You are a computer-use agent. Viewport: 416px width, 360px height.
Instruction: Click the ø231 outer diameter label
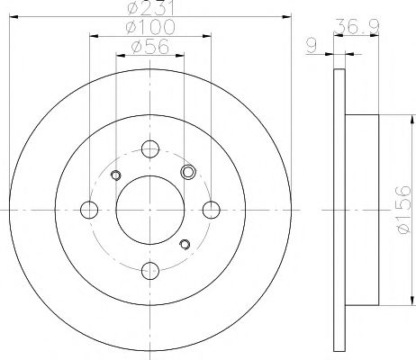[x=150, y=7]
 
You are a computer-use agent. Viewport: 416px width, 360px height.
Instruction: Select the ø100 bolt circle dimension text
[x=150, y=27]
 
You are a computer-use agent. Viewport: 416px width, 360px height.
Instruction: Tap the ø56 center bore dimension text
[x=150, y=47]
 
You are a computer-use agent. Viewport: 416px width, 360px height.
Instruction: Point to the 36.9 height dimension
[x=357, y=26]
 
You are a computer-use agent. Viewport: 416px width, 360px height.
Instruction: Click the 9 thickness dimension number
[x=312, y=47]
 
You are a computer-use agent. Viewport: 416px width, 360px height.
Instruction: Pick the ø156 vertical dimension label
[x=402, y=210]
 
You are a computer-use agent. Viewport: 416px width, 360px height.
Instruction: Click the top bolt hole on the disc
[x=150, y=148]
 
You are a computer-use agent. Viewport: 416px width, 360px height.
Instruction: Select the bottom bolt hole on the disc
[x=150, y=271]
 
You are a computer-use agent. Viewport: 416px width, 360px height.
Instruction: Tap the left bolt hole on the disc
[x=89, y=210]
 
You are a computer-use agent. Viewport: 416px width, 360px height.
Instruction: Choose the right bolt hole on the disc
[x=212, y=210]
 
